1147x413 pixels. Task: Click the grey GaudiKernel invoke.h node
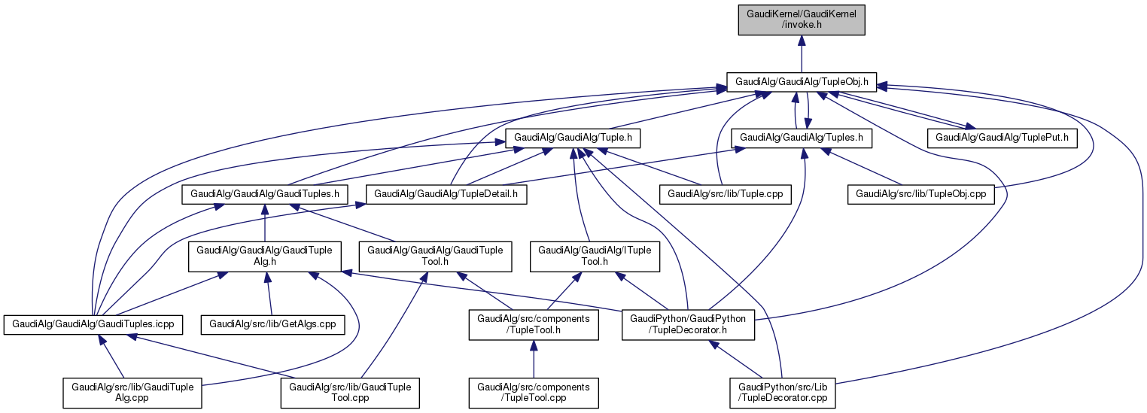coord(802,19)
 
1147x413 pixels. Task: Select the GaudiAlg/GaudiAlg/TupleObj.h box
coord(802,81)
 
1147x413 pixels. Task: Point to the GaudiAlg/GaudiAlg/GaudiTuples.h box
coord(264,194)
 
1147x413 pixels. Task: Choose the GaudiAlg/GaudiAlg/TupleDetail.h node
coord(446,194)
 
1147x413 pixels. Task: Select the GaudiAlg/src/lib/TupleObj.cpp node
coord(921,194)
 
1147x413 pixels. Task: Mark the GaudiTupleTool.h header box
coord(436,256)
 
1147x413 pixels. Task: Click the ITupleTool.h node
coord(595,256)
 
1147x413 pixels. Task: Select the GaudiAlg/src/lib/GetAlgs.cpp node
coord(272,324)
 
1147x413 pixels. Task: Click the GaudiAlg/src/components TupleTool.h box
coord(534,324)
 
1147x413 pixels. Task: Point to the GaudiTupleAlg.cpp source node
coord(132,393)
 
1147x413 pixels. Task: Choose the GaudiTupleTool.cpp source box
coord(350,393)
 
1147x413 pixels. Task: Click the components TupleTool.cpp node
coord(534,393)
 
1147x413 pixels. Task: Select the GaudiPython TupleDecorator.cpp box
coord(782,393)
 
